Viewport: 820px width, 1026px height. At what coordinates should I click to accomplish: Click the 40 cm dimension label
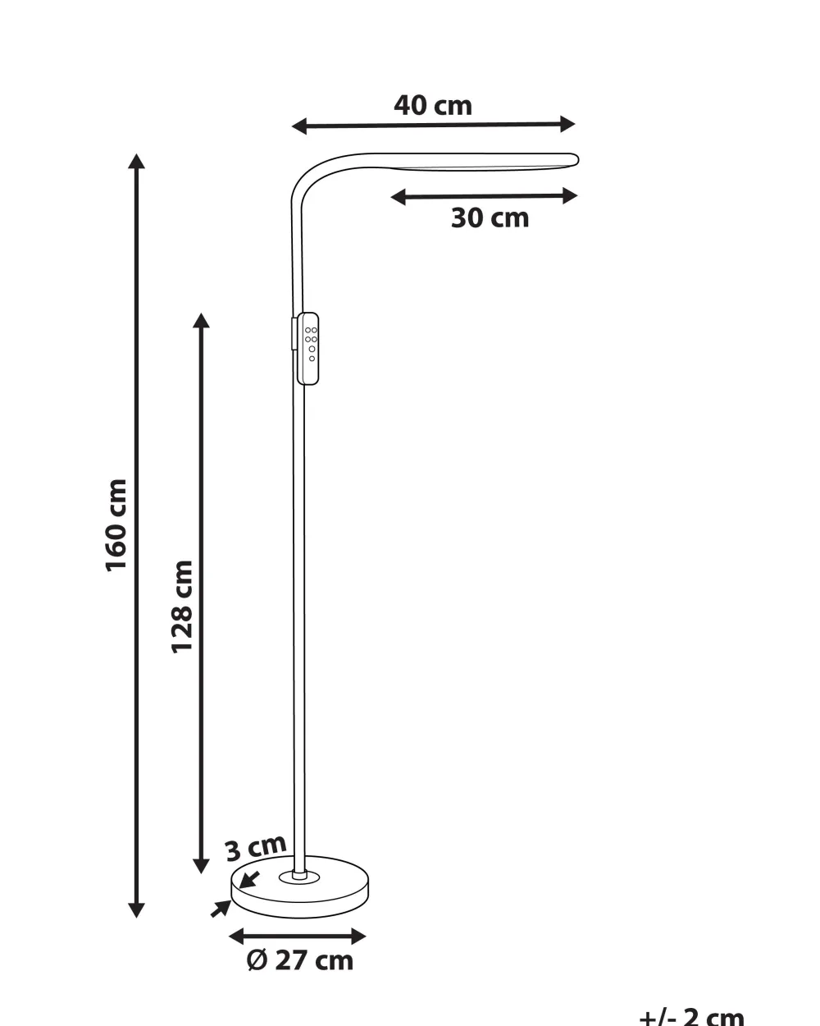(x=433, y=105)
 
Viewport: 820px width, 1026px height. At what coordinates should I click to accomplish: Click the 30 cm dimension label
(x=490, y=218)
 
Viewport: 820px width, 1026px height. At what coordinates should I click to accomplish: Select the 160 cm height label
(x=116, y=525)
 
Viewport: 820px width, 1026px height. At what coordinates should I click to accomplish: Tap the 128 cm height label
(x=182, y=607)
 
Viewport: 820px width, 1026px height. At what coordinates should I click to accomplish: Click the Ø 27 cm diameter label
(x=299, y=960)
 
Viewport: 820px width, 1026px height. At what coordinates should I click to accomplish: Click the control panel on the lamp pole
(x=307, y=349)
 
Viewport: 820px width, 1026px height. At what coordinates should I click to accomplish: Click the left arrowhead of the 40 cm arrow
(x=298, y=127)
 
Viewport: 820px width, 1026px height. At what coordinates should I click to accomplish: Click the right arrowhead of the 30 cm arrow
(x=570, y=196)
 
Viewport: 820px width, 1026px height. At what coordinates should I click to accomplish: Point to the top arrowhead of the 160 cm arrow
(x=136, y=161)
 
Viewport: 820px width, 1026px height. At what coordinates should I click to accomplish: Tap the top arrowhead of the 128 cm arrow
(x=201, y=320)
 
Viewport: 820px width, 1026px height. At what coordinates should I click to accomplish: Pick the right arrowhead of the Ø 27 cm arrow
(x=358, y=937)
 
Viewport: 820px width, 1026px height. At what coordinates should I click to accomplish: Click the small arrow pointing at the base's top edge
(x=248, y=880)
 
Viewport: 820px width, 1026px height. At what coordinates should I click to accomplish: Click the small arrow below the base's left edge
(x=221, y=909)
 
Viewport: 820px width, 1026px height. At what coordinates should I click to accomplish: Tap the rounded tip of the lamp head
(x=575, y=160)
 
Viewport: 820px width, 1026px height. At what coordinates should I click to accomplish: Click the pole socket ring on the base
(x=299, y=877)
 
